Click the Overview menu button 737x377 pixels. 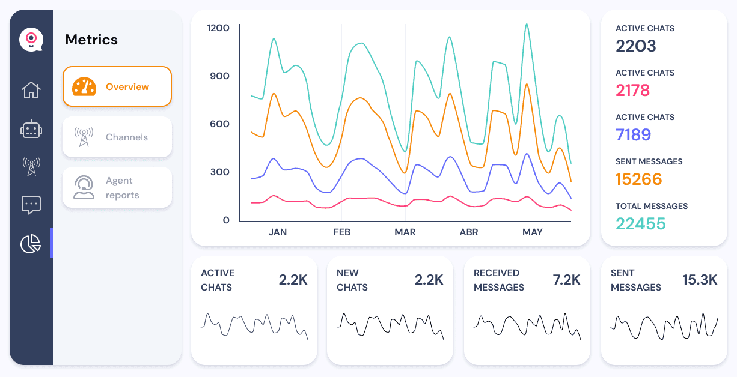tap(117, 86)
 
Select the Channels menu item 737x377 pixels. tap(117, 137)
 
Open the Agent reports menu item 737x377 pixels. tap(117, 187)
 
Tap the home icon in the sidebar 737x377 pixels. tap(31, 90)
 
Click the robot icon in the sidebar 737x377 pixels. tap(31, 129)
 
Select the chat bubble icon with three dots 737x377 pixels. tap(31, 205)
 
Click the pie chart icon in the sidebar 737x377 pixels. tap(31, 243)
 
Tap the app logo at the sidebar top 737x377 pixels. tap(31, 40)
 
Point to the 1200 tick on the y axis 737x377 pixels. tap(218, 28)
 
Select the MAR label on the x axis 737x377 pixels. tap(405, 232)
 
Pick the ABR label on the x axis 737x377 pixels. tap(469, 232)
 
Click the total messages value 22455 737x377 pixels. tap(641, 224)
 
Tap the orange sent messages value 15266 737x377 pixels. tap(638, 179)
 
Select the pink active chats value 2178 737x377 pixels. tap(632, 91)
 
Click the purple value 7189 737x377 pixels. tap(633, 135)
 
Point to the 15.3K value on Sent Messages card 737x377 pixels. tap(700, 280)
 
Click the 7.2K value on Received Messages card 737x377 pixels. tap(566, 280)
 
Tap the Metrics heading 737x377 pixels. tap(91, 40)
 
